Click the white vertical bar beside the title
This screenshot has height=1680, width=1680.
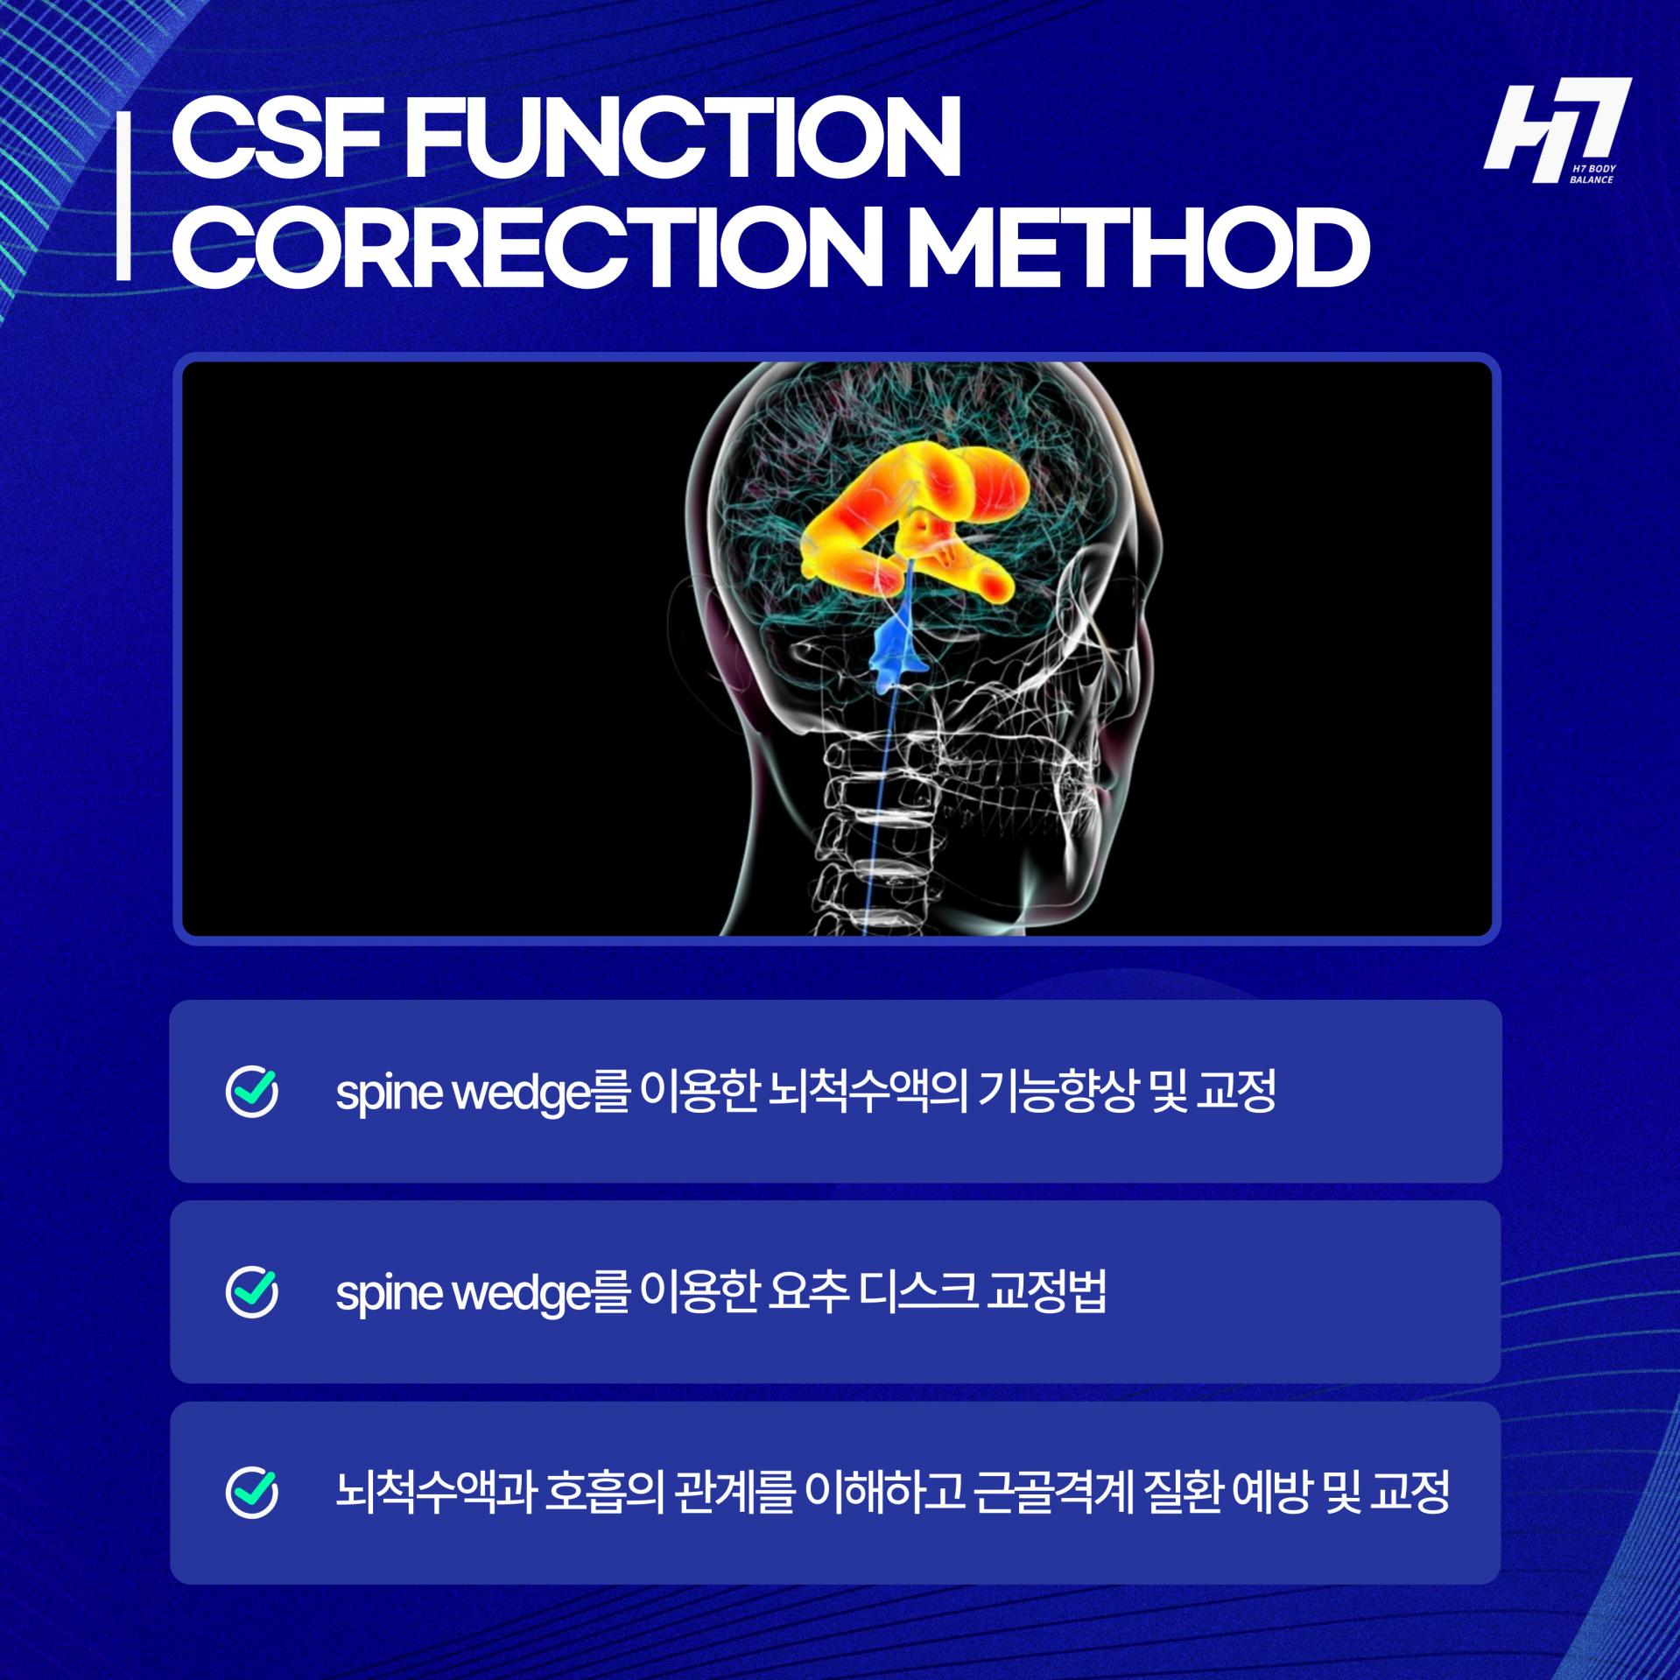coord(123,198)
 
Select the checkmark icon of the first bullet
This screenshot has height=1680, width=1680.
coord(252,1091)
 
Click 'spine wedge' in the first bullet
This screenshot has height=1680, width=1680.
coord(465,1094)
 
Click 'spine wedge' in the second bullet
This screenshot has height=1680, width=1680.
coord(465,1295)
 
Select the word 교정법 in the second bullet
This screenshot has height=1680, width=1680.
coord(1047,1293)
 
